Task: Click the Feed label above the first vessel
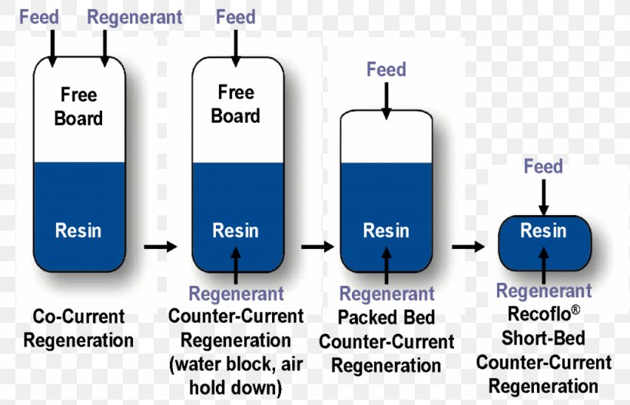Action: (x=39, y=17)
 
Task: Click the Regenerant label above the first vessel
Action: (x=134, y=17)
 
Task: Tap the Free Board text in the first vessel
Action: (x=78, y=107)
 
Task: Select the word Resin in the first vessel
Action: (x=78, y=231)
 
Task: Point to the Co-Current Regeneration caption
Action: (x=78, y=328)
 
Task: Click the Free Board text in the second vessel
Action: (x=236, y=105)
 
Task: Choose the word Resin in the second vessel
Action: (x=236, y=231)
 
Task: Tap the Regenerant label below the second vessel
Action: (x=236, y=294)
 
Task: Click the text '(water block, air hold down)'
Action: (x=236, y=377)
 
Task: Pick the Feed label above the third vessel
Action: (x=386, y=70)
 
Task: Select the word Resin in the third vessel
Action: (x=386, y=231)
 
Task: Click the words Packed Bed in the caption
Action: (x=386, y=317)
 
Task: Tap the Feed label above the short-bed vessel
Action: (x=542, y=166)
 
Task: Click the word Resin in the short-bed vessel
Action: (x=543, y=231)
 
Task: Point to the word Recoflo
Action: (x=541, y=314)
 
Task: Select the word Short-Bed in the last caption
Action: (x=543, y=338)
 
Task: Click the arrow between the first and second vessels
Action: (x=159, y=247)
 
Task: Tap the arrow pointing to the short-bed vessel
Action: (x=468, y=247)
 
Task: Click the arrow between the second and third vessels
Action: (x=317, y=247)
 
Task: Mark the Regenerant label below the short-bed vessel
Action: (x=543, y=290)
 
